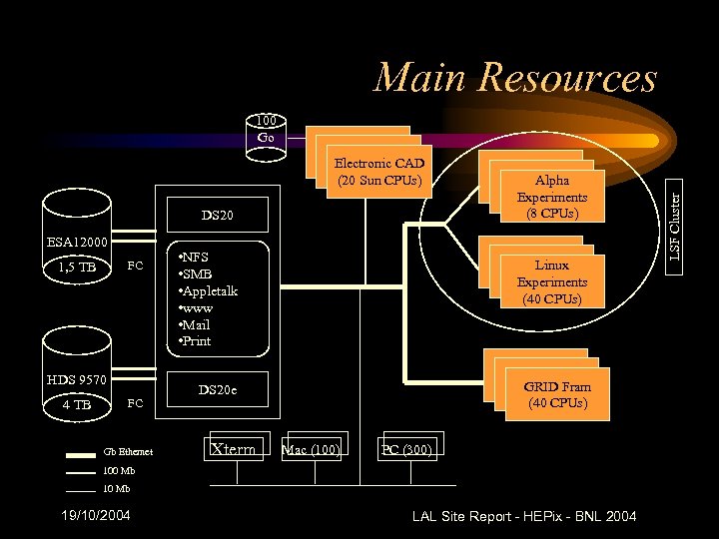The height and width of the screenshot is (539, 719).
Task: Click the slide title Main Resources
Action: click(x=514, y=78)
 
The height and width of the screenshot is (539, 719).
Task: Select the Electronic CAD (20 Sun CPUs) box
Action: click(x=378, y=171)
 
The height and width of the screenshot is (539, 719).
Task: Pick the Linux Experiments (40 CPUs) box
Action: click(x=551, y=281)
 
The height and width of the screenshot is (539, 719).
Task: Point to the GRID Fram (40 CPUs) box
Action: click(x=556, y=394)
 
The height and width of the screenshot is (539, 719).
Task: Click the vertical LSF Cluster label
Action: click(x=675, y=229)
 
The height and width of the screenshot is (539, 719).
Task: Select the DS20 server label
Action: click(x=217, y=216)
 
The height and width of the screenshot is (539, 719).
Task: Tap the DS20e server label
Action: click(x=218, y=389)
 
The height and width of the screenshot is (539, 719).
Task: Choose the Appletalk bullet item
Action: click(x=207, y=290)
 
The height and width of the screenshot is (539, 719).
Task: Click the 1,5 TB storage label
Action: click(x=76, y=267)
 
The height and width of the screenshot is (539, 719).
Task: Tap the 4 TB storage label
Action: click(x=76, y=404)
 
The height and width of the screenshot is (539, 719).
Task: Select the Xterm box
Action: click(x=237, y=449)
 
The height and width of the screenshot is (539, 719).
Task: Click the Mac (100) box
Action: click(x=313, y=449)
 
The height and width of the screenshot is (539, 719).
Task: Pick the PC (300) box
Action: click(x=406, y=449)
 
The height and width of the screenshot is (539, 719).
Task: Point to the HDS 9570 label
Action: click(x=76, y=379)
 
